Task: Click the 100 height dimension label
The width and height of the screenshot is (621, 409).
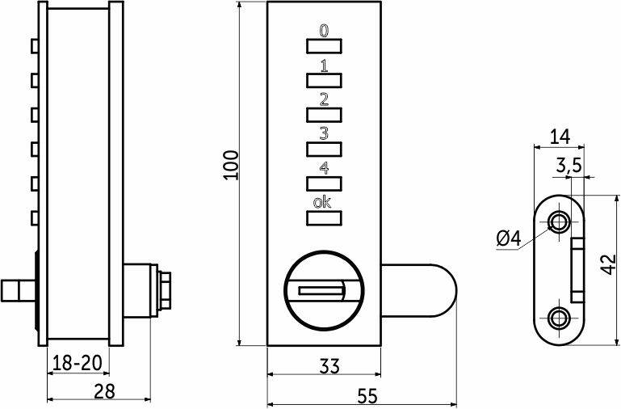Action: [231, 165]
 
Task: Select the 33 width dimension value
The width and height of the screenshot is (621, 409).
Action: [329, 366]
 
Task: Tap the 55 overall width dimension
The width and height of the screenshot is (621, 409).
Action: [368, 396]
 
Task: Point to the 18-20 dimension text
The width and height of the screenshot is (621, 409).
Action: [78, 363]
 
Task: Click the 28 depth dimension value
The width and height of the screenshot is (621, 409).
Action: [104, 391]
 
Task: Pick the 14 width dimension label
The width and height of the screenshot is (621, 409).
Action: [560, 137]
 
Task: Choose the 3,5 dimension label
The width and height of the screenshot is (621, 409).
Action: [569, 166]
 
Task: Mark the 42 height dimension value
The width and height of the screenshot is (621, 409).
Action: [608, 264]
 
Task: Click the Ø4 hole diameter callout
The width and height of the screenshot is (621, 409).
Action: [509, 239]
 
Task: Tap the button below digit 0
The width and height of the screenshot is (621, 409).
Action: [324, 46]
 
